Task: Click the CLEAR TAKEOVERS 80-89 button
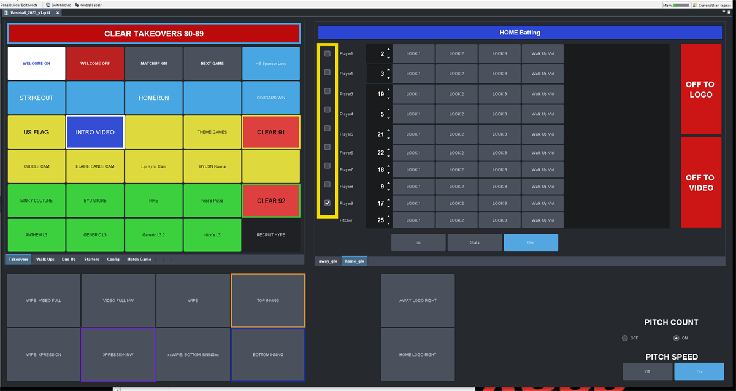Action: pos(153,34)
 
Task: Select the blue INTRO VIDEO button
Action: pos(95,132)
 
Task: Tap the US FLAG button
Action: pos(36,132)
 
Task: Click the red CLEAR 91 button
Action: pos(270,132)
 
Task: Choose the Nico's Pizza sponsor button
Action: pos(212,201)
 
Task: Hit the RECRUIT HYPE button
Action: pos(270,234)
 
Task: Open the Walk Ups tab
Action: pos(45,260)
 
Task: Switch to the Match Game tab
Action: pos(139,260)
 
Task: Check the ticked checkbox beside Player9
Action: pos(328,203)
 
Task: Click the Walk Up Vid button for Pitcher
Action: pos(543,220)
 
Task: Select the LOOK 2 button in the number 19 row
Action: pos(456,94)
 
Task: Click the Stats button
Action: pos(475,242)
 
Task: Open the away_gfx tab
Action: pos(328,261)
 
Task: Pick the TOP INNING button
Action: pos(267,301)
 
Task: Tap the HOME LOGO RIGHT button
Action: pos(418,355)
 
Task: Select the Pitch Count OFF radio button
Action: pos(625,338)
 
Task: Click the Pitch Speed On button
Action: pos(699,371)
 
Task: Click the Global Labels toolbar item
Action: pos(88,5)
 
